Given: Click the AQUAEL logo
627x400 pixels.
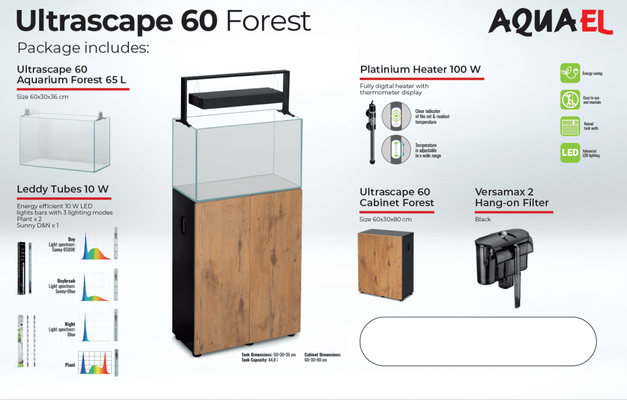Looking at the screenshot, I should [550, 22].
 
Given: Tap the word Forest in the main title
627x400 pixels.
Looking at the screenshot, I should [268, 21].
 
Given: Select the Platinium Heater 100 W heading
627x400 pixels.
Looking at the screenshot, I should [420, 70].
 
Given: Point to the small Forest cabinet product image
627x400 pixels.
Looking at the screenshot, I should [385, 264].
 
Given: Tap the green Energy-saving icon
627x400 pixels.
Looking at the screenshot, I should [570, 73].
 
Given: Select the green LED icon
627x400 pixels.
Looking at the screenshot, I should [570, 153].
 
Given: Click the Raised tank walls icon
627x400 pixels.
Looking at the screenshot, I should [570, 126].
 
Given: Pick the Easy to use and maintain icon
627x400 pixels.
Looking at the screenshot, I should [570, 100].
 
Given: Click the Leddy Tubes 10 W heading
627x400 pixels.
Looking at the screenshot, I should [63, 189].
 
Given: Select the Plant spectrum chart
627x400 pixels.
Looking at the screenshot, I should [95, 363].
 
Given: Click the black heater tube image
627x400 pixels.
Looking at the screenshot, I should [372, 133].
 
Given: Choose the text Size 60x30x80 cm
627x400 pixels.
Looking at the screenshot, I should [386, 220].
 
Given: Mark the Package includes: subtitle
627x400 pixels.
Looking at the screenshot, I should [83, 47].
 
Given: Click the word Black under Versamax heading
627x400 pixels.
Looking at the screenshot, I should [483, 220].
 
